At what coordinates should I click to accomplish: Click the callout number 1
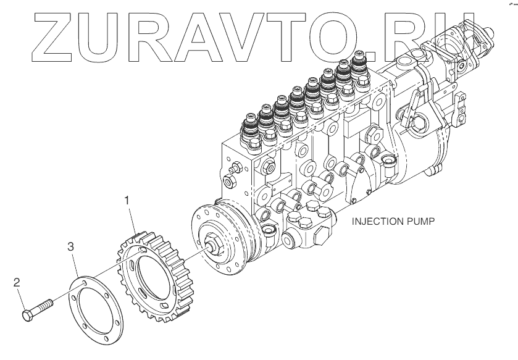click(127, 200)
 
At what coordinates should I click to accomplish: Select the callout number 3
click(71, 247)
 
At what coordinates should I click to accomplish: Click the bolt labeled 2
click(38, 309)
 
